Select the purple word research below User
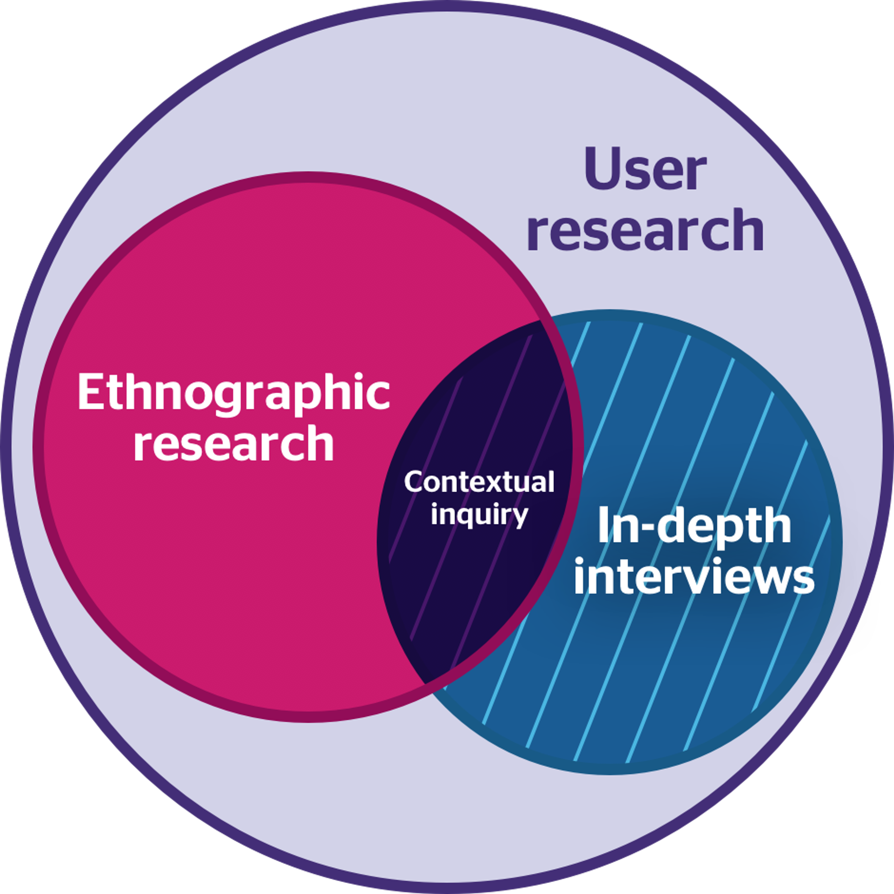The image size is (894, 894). click(646, 230)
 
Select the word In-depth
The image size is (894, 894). click(694, 527)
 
